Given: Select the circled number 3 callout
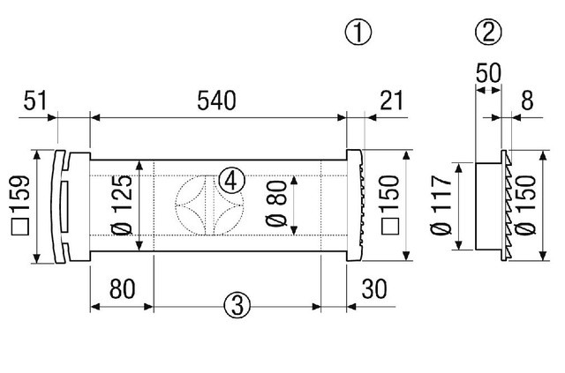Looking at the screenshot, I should pyautogui.click(x=233, y=305).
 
